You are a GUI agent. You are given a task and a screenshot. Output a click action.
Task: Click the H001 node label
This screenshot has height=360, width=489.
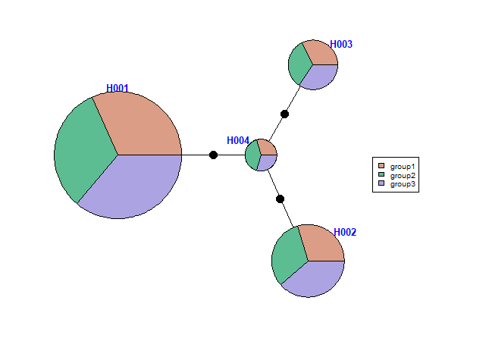coord(118,88)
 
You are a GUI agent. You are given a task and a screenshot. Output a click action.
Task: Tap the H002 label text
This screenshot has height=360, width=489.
coord(345,232)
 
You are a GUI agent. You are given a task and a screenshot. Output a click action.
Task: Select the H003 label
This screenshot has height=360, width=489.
coord(341,45)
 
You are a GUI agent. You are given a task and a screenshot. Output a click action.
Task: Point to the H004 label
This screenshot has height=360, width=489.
coord(238,141)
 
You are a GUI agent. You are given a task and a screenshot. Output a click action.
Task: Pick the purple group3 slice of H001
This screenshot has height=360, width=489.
coord(129,186)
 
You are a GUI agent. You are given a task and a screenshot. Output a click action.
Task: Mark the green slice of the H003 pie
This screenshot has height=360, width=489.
coord(298,64)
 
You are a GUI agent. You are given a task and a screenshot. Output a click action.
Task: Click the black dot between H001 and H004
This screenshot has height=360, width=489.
coord(213,155)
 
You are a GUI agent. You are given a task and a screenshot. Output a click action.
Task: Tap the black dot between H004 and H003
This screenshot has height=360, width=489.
coord(284,114)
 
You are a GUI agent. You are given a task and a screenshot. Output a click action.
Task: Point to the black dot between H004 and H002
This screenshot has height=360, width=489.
coord(280,199)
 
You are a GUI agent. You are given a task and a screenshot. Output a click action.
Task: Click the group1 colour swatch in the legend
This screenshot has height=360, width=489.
coord(381,166)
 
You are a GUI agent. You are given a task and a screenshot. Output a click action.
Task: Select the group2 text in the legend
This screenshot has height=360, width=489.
coord(403,175)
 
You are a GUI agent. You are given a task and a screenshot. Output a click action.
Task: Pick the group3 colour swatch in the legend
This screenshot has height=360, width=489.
coord(381,184)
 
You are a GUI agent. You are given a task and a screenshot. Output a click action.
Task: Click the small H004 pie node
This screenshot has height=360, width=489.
coord(261,155)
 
